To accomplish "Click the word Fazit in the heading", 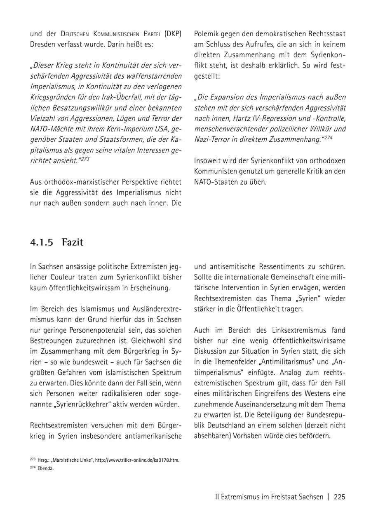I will [73, 242].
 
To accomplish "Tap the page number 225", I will [339, 497].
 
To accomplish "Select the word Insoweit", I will [208, 161].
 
